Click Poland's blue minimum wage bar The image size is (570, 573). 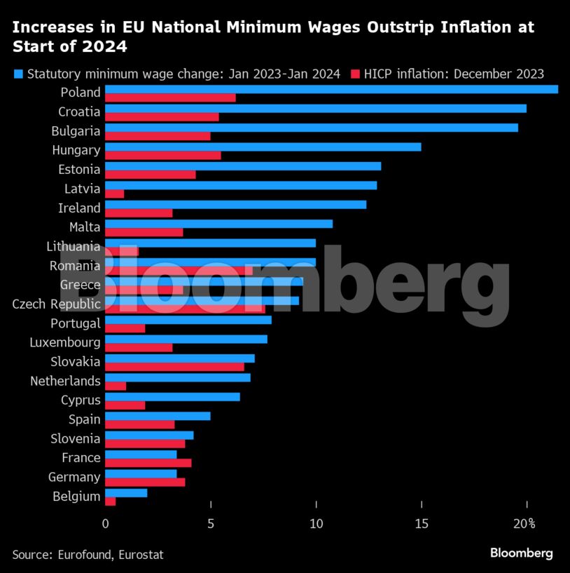(x=331, y=89)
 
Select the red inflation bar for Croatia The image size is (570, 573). (x=162, y=117)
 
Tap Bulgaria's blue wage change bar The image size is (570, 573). (x=311, y=128)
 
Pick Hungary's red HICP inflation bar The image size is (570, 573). (x=162, y=156)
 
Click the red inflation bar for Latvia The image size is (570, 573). (x=114, y=194)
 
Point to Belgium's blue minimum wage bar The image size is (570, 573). (x=126, y=493)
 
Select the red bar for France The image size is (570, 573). (x=148, y=463)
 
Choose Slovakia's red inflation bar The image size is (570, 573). (x=174, y=367)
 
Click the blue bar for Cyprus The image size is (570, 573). (x=172, y=397)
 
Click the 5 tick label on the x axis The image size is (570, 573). (x=211, y=523)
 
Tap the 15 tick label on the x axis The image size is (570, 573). (x=422, y=523)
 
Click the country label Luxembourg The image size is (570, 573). (x=65, y=343)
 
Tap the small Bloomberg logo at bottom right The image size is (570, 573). (x=521, y=553)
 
